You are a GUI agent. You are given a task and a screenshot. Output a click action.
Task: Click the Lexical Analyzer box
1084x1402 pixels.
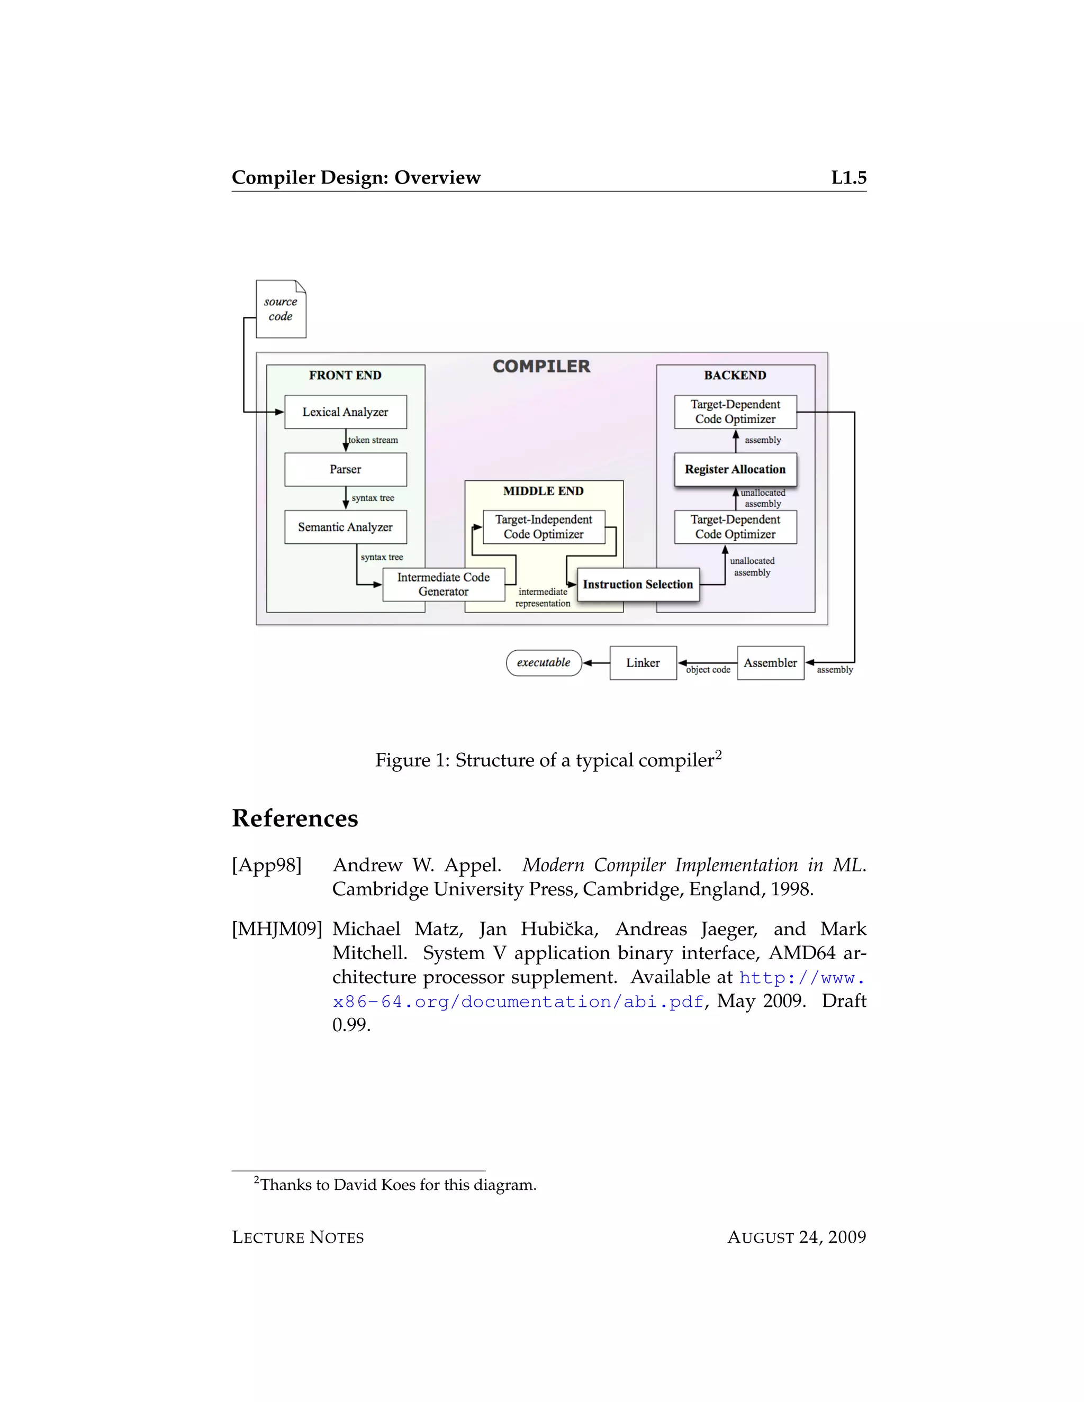click(346, 412)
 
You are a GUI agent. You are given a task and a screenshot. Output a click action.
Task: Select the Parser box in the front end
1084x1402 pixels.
click(346, 469)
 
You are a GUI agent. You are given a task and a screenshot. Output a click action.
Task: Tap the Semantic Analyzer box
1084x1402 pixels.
click(346, 527)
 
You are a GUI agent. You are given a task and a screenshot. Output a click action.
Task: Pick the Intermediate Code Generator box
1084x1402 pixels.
click(443, 584)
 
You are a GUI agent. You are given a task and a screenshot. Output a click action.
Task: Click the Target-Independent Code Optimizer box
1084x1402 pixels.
click(543, 526)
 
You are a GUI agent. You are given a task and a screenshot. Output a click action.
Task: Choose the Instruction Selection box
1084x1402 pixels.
click(638, 584)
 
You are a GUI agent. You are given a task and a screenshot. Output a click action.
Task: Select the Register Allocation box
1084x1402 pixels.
click(735, 469)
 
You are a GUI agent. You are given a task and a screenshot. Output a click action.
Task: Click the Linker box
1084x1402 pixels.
click(643, 662)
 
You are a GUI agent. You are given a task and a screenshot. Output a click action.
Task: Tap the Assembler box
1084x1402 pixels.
click(770, 662)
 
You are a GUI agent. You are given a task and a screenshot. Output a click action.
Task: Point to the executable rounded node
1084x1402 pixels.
click(543, 662)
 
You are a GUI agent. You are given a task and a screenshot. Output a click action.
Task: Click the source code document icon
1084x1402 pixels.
click(281, 309)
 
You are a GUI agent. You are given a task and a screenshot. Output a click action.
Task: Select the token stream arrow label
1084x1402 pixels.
click(373, 440)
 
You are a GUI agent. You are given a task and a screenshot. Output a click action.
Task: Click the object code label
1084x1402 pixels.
click(708, 670)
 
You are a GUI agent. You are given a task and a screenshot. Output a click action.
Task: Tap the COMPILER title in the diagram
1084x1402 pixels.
click(541, 366)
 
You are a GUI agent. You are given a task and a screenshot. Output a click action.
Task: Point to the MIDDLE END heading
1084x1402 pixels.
click(543, 491)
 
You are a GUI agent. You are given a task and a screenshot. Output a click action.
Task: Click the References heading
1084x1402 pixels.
click(295, 818)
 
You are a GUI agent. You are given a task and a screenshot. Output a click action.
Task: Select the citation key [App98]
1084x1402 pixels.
click(267, 866)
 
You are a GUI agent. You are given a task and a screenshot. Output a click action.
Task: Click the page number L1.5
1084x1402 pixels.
click(848, 178)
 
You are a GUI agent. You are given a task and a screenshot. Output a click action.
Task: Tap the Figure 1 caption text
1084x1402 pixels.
click(548, 760)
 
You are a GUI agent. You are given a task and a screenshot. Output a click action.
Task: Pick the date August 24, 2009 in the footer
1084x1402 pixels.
click(796, 1237)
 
